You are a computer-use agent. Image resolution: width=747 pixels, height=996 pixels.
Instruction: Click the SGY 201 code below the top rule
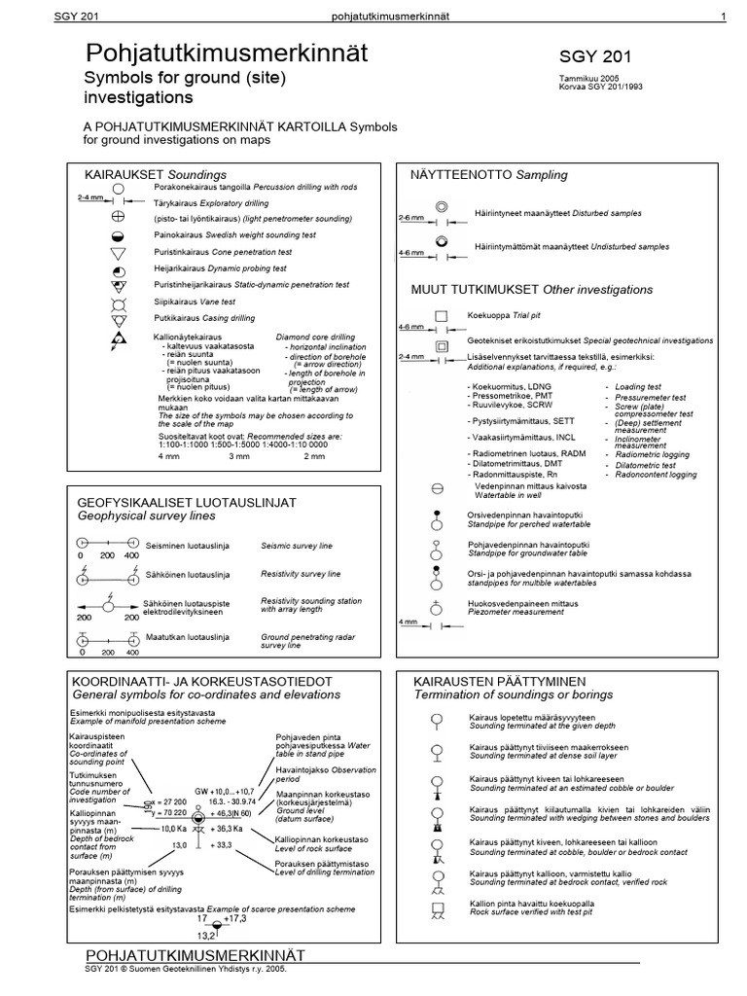(596, 57)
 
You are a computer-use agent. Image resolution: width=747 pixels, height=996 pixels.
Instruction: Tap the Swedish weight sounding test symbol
(119, 235)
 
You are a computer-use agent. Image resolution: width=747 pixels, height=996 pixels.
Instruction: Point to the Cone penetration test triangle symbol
(119, 252)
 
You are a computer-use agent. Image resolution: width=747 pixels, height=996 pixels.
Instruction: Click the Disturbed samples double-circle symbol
(441, 207)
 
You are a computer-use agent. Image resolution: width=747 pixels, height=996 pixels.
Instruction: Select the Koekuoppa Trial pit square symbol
(441, 316)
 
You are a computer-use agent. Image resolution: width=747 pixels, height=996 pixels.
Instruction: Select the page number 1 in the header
(724, 16)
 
